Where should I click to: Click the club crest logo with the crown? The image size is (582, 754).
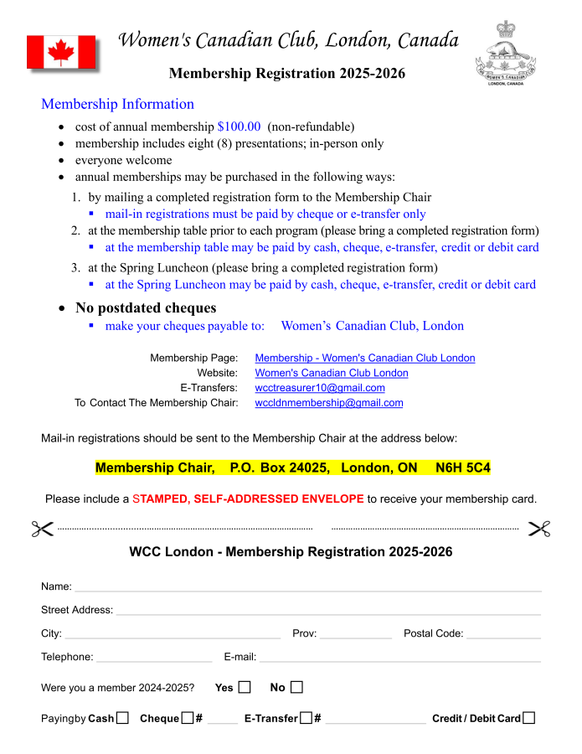click(506, 53)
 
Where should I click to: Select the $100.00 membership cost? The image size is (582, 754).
click(239, 127)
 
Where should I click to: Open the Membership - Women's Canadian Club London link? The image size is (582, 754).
click(364, 358)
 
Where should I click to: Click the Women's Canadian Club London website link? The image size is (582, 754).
click(331, 373)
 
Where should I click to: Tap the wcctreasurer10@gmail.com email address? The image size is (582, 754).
click(319, 388)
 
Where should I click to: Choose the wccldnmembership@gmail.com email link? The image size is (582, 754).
click(328, 403)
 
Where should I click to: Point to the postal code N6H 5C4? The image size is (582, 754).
click(463, 467)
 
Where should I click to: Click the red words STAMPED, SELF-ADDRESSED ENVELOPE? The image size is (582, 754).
click(248, 498)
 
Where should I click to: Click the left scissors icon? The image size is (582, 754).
click(42, 529)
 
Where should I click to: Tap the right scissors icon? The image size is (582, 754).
click(539, 529)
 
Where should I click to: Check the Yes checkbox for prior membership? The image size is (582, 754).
click(245, 688)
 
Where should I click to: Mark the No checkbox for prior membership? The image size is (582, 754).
click(296, 688)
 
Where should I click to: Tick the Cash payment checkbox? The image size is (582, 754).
click(123, 718)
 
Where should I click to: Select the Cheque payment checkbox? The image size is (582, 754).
click(188, 718)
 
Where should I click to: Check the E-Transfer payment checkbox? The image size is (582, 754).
click(306, 718)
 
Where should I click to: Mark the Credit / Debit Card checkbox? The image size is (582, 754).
click(528, 718)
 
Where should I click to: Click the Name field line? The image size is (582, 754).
click(307, 588)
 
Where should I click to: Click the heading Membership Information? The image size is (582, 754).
click(117, 104)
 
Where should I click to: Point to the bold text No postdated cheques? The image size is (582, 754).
click(146, 307)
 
